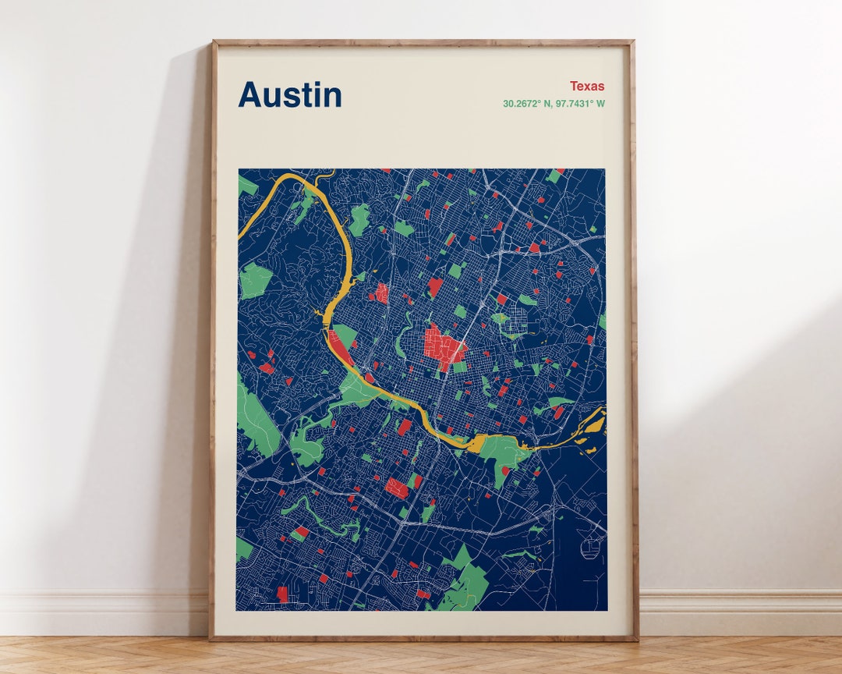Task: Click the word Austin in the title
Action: tap(290, 95)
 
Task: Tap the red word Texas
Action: tap(586, 86)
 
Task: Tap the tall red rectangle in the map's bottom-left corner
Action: tap(282, 594)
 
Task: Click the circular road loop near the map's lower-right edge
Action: tap(591, 549)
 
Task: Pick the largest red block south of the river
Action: tap(397, 488)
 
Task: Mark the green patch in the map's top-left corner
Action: tap(246, 186)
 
